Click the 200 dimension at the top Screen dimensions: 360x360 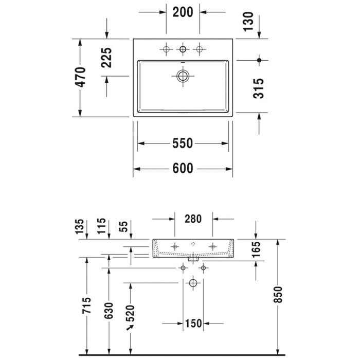pos(183,13)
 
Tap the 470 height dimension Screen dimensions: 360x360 pos(81,77)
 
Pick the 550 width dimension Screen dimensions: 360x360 pos(183,143)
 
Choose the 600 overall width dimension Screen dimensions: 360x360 pos(183,168)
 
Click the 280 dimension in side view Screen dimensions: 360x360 pos(193,219)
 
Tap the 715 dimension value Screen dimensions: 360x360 pos(87,307)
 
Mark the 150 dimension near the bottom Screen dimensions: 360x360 pos(193,323)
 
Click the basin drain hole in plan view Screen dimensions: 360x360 pos(183,76)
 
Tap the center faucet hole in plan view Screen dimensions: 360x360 pos(183,49)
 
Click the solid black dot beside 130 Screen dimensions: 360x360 pos(259,61)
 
